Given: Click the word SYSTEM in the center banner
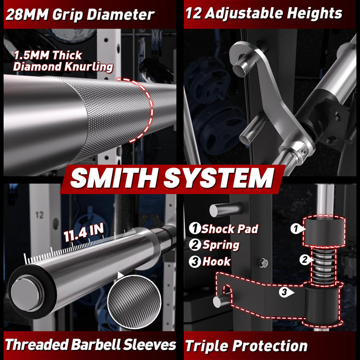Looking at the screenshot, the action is click(219, 178).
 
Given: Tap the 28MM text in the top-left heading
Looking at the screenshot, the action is click(27, 14).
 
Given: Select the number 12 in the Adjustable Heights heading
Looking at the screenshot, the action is click(193, 13).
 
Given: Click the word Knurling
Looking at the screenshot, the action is click(89, 67).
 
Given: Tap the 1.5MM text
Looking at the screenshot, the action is click(31, 55).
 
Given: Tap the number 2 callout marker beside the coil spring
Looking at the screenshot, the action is click(306, 260).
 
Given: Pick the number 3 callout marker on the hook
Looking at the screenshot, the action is click(286, 292).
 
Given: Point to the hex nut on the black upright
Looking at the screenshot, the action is click(263, 263).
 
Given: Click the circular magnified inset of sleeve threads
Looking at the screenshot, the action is click(134, 301).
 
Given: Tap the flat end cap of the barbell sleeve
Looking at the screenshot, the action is click(25, 294).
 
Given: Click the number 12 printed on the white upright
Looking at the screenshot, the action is click(39, 215).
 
